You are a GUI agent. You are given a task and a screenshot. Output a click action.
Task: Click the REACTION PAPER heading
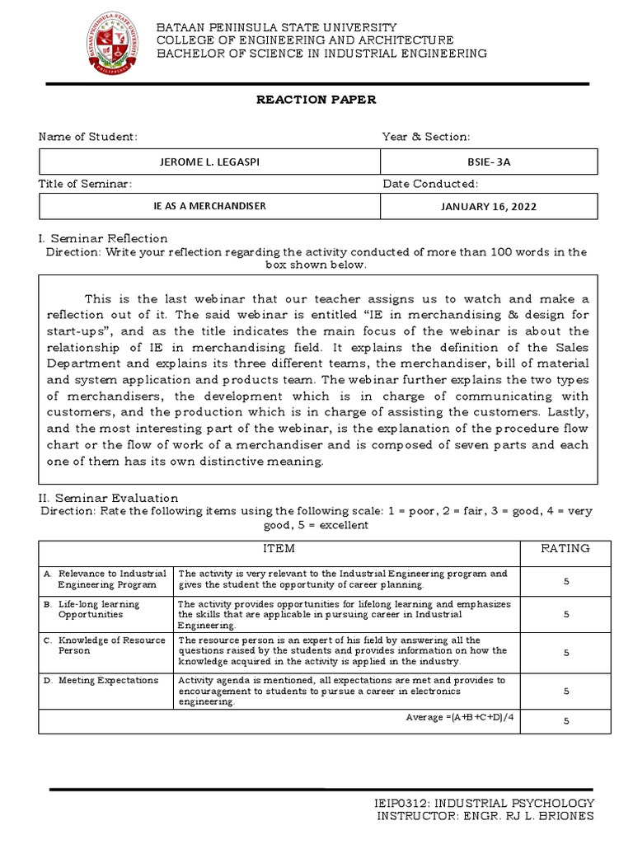316,100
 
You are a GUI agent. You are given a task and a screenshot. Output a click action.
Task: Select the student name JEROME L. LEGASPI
209,161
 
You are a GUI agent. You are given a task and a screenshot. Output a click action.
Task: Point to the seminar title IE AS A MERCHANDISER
209,205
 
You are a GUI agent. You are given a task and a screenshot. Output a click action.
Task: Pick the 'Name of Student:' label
88,137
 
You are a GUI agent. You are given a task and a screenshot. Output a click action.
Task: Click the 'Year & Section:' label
425,137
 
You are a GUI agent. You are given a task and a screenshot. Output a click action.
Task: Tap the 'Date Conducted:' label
429,183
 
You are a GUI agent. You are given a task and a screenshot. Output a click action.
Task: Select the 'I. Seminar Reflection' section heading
98,238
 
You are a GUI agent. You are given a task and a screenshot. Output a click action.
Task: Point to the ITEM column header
279,548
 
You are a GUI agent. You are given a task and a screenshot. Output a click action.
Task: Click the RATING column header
565,548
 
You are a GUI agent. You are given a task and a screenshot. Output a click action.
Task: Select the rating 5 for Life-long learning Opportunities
565,614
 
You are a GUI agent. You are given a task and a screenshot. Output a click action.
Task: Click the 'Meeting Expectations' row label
109,680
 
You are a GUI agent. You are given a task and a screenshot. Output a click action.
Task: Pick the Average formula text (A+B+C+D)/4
461,718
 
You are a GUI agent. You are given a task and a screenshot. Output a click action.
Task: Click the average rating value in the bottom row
565,721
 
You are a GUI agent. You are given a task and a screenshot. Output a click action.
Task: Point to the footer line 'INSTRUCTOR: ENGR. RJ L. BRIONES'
485,816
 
